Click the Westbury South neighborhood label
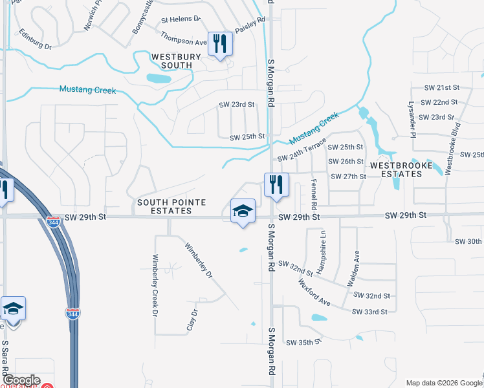coord(171,61)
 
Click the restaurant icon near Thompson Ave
coord(220,44)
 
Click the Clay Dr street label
coord(192,320)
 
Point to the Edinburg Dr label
coord(35,39)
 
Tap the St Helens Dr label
coord(181,20)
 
